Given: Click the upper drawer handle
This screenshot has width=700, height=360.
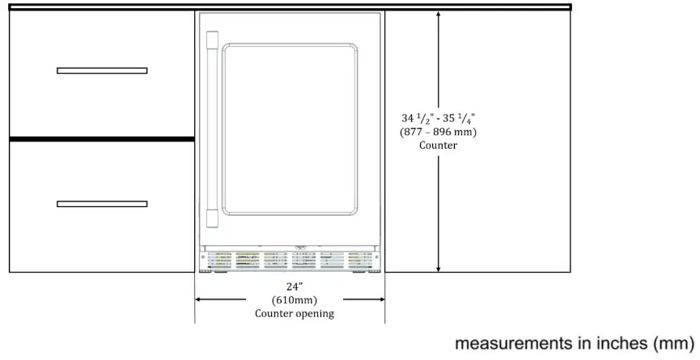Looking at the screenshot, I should point(102,70).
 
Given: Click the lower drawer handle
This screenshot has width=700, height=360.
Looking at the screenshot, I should point(102,203).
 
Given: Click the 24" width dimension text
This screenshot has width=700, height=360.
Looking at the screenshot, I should point(294,286).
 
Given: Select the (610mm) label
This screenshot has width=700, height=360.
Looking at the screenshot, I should point(293,299).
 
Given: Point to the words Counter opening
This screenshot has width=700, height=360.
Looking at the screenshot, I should point(294,313).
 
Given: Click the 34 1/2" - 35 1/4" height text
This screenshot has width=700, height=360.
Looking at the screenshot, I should point(438,119).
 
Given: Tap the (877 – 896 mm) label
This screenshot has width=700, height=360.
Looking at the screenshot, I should point(438,133).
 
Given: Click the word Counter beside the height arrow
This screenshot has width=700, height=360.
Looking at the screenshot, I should point(438,146).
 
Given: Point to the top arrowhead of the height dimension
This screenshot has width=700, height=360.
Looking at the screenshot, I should point(439,15).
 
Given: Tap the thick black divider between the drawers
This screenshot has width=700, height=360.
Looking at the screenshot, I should point(102,139).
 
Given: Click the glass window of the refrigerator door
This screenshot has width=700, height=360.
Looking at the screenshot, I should point(290,129).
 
